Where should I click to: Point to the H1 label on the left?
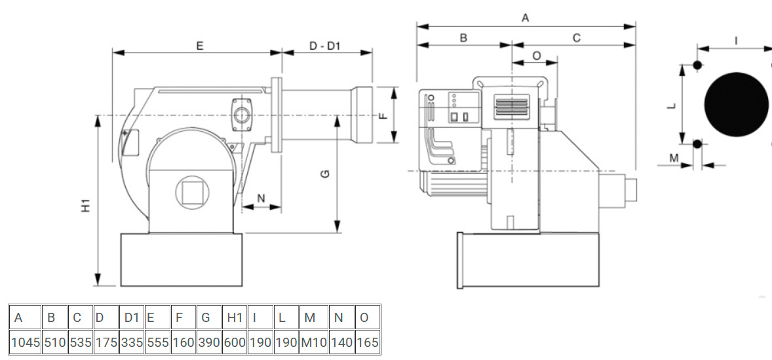click(86, 206)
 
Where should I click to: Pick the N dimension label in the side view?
click(261, 198)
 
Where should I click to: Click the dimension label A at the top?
click(525, 18)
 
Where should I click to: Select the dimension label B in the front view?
click(463, 38)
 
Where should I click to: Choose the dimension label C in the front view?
click(577, 38)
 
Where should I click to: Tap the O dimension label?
click(536, 56)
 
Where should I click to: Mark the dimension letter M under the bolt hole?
click(674, 157)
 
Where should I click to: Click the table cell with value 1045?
click(25, 342)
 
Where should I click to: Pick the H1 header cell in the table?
click(235, 318)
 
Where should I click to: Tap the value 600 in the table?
click(235, 342)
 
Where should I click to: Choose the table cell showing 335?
click(132, 342)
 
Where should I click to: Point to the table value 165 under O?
click(367, 342)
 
